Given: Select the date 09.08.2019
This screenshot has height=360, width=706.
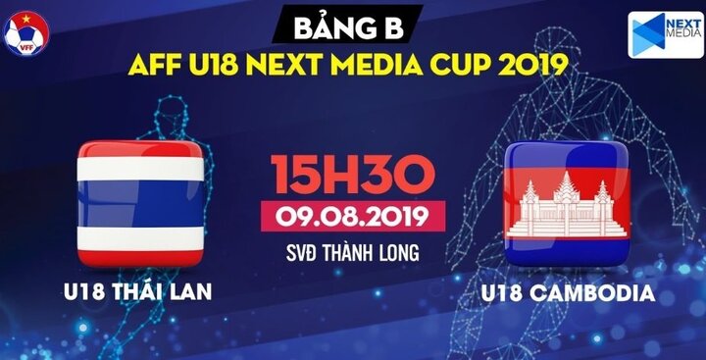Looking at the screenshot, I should (353, 213).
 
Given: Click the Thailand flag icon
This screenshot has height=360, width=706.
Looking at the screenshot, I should (141, 203).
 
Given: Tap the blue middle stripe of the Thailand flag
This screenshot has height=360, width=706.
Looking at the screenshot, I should (141, 204).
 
